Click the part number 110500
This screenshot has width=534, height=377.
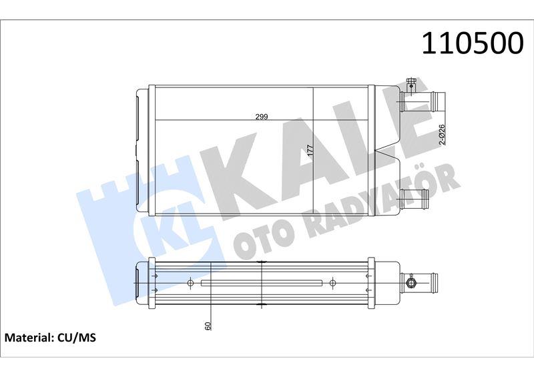click(473, 43)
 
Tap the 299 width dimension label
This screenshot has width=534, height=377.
click(262, 117)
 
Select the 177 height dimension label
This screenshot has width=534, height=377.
click(310, 150)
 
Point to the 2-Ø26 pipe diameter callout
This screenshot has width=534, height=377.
click(442, 135)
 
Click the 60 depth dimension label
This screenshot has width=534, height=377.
click(208, 326)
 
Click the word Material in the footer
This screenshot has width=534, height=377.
click(28, 338)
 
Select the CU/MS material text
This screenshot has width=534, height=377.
click(77, 338)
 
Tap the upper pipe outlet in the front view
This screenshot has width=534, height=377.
click(423, 101)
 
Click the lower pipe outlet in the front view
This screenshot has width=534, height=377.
click(415, 198)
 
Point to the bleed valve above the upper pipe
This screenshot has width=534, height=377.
click(411, 84)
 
